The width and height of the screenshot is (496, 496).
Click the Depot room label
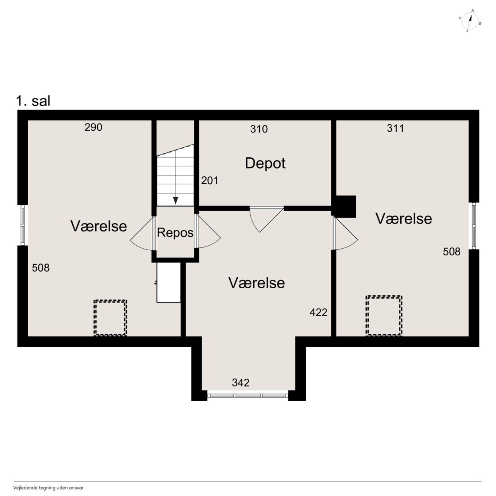pos(265,163)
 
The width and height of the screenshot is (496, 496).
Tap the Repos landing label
pos(175,232)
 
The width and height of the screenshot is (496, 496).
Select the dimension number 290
pos(93,127)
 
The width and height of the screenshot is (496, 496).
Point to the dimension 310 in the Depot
pos(259,129)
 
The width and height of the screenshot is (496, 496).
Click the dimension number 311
pos(395,128)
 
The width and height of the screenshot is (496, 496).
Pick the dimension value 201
pos(210,181)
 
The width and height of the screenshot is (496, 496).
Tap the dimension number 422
pos(319,312)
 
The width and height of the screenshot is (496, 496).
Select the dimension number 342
pos(241,383)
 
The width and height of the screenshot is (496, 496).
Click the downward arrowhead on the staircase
pos(176,200)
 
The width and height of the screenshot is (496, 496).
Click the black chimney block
pos(345,207)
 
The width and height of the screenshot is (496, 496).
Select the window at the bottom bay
pos(248,396)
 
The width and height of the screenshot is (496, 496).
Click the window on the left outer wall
pos(22,225)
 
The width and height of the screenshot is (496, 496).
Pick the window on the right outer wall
pos(474,226)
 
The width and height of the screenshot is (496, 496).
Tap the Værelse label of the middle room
pos(257,283)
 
